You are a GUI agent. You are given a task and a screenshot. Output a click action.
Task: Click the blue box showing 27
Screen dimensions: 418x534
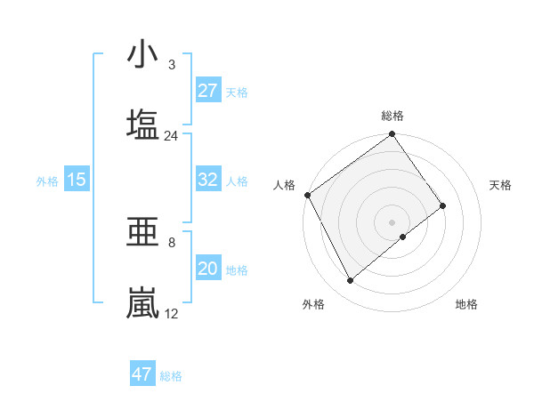208,91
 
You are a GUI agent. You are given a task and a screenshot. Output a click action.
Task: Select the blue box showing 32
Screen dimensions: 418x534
208,180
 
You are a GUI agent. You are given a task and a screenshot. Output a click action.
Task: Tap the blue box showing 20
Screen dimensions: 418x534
208,269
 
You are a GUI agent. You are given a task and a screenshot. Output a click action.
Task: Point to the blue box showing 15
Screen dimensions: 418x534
77,180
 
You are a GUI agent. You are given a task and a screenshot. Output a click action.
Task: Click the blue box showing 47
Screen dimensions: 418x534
142,374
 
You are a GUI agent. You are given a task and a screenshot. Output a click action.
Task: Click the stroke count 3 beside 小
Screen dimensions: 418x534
171,65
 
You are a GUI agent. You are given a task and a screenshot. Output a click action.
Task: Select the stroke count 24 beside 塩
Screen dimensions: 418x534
171,136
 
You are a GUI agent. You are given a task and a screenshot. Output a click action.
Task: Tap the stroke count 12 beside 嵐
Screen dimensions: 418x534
171,314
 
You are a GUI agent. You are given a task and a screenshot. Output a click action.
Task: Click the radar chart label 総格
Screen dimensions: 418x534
392,116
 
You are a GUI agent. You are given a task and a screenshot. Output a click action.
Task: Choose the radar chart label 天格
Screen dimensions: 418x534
501,185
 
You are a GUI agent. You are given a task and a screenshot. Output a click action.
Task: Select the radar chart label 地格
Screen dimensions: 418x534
466,305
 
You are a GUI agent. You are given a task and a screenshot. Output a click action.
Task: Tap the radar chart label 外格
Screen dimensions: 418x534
313,305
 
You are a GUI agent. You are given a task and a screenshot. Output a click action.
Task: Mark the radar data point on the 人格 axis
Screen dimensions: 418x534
308,195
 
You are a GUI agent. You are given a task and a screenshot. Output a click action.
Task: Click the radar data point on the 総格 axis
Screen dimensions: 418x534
392,135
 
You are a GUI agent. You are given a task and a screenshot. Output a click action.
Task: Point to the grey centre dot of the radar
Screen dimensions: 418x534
392,221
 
